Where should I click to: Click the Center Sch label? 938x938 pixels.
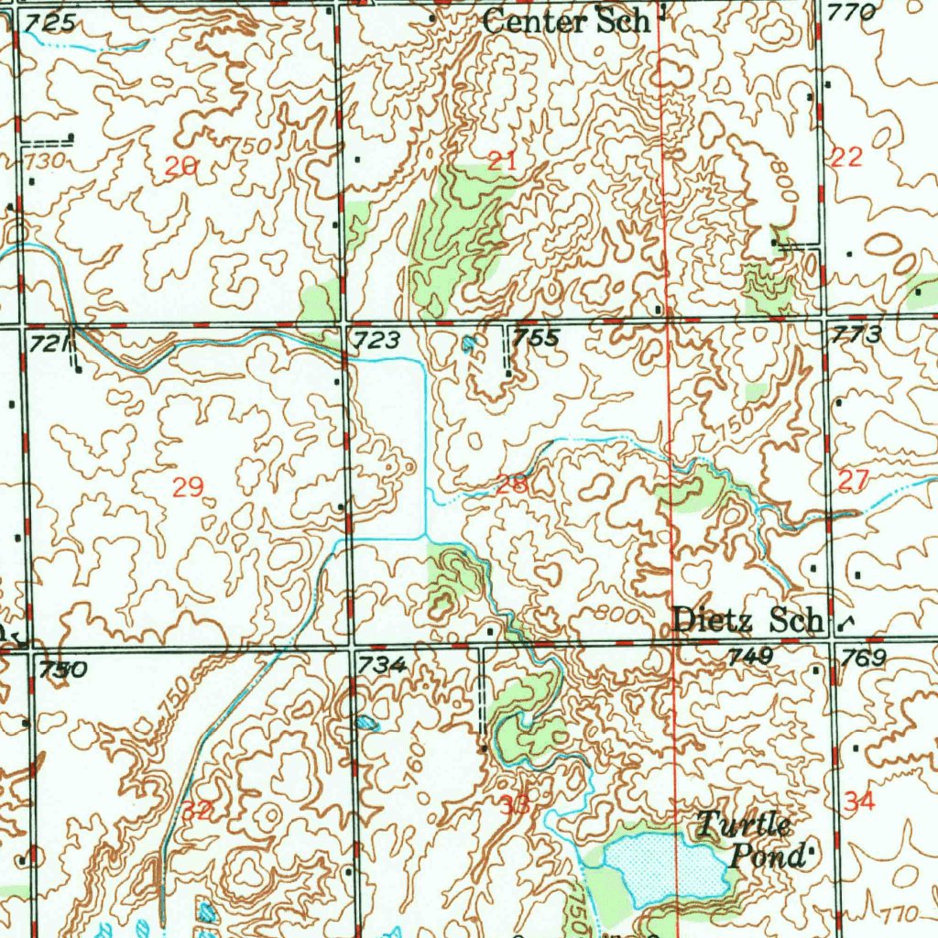click(566, 20)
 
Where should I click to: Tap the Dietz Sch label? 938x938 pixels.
click(747, 620)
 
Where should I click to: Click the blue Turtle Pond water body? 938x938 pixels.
click(664, 866)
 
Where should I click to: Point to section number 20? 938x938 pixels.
click(180, 167)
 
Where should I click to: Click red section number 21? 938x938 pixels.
click(502, 162)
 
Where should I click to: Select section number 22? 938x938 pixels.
click(846, 157)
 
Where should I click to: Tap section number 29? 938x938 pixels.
click(188, 486)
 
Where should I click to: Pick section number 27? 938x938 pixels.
click(853, 481)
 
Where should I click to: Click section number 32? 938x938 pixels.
click(196, 810)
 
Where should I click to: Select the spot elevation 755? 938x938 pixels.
click(536, 338)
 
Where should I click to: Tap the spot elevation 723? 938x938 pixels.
click(377, 341)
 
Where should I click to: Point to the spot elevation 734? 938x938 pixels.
click(383, 665)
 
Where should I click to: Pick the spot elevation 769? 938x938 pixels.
click(864, 658)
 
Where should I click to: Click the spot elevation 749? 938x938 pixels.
click(750, 656)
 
